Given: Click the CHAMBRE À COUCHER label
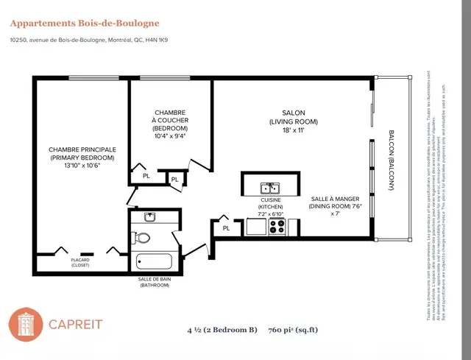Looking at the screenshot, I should (170, 117).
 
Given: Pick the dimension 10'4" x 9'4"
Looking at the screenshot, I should (170, 135).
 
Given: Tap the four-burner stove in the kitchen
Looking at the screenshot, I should (277, 227).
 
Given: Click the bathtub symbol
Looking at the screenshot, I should (154, 261).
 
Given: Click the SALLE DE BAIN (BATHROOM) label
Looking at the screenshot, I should (154, 282).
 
